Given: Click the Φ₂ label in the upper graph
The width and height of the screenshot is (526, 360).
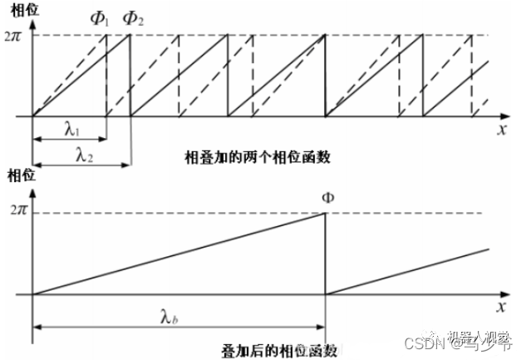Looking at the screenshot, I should click(x=132, y=17).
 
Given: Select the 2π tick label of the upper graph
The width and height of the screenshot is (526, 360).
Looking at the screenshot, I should click(x=15, y=35).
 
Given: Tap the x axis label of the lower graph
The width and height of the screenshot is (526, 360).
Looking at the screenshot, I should click(x=502, y=308).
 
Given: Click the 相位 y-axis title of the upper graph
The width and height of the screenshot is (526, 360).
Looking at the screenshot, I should click(x=18, y=8).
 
